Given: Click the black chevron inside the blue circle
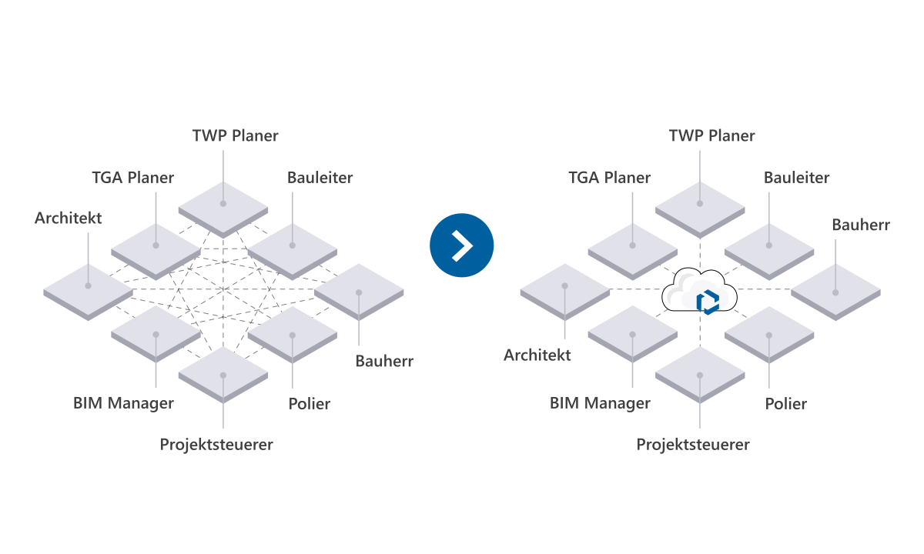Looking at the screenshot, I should [x=462, y=245].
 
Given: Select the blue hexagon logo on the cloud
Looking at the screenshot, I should [x=708, y=302].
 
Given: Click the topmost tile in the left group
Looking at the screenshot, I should [x=223, y=208].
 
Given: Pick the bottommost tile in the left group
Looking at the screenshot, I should [x=223, y=374].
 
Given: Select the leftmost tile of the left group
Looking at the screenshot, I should [x=88, y=291].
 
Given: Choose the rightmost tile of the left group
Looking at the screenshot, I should [x=359, y=291].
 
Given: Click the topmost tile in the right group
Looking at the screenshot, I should [x=700, y=208].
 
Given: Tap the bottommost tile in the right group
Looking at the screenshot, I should [x=700, y=374].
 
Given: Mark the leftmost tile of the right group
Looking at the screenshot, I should [x=564, y=291].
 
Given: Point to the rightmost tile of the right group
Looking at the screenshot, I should [x=835, y=291].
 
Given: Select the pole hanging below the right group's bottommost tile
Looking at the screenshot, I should [x=700, y=415].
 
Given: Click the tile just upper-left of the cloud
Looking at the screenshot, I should [x=632, y=249].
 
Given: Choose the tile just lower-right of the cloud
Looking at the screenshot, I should [x=768, y=332].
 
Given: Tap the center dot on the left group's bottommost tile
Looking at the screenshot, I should [x=223, y=375].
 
